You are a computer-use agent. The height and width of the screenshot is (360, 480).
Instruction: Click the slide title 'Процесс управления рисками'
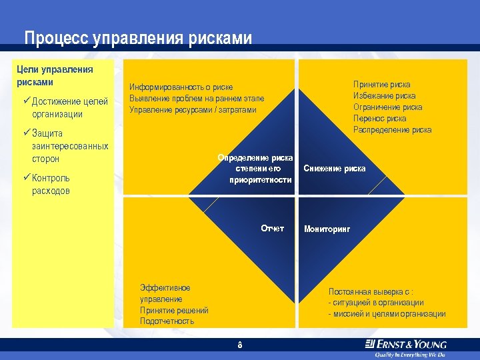(138, 38)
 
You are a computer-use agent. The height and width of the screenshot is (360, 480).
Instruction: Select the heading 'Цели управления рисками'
(55, 76)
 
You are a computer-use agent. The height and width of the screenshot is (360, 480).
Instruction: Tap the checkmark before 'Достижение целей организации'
(26, 101)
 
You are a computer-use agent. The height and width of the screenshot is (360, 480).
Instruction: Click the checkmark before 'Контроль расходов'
(26, 178)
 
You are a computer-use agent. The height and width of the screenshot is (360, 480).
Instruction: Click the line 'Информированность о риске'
(181, 87)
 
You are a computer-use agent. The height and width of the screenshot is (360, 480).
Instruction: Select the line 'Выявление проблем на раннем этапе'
(196, 98)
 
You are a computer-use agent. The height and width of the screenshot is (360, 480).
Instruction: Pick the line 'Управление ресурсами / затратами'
(192, 109)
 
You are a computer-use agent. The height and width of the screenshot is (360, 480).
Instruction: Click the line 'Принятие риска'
(381, 85)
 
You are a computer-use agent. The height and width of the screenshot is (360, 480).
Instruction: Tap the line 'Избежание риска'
(384, 96)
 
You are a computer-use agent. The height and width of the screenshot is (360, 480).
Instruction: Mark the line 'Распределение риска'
(392, 130)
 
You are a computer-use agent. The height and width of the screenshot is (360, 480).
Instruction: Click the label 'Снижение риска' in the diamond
(335, 169)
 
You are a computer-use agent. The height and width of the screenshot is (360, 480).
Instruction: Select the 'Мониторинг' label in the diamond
(327, 229)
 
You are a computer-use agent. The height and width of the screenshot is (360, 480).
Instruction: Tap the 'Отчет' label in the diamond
(272, 229)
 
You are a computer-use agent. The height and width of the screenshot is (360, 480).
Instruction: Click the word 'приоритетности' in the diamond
(261, 180)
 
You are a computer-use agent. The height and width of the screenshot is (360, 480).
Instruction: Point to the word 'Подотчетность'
(167, 321)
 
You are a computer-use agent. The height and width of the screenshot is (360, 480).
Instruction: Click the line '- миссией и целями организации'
(387, 314)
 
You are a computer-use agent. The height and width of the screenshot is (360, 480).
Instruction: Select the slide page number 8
(239, 345)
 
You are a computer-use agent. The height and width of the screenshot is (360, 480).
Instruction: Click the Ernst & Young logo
(405, 345)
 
